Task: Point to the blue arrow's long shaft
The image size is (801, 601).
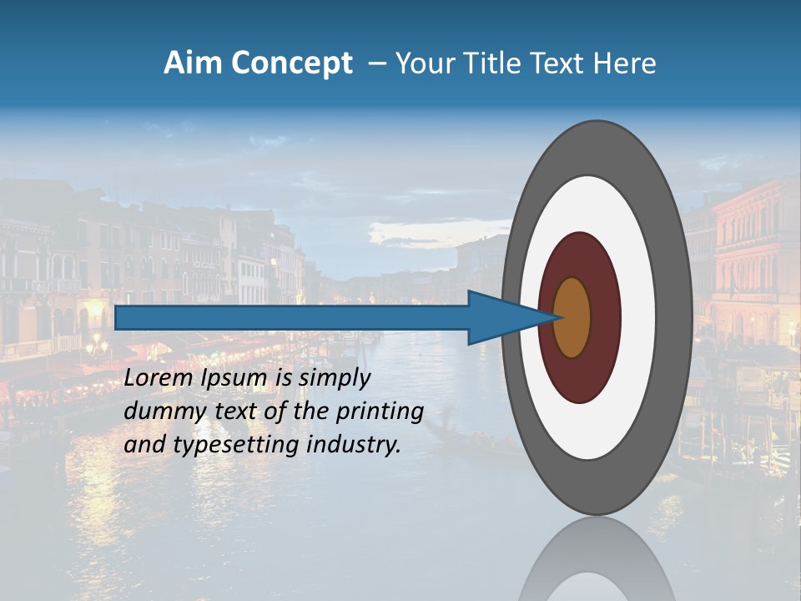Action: (292, 317)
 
